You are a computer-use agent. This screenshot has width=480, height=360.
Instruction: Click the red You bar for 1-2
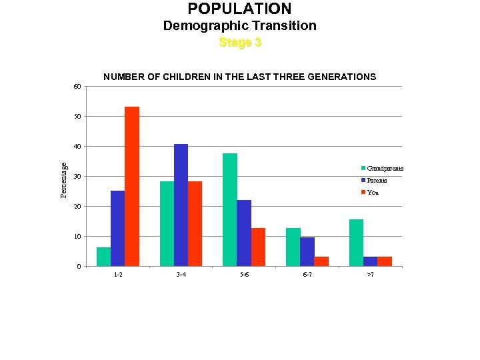point(132,187)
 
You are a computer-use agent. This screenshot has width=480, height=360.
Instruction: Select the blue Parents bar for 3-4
point(181,205)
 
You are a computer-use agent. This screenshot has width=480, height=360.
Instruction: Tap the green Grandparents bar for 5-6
point(230,210)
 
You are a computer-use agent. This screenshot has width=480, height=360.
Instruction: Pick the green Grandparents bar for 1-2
point(103,257)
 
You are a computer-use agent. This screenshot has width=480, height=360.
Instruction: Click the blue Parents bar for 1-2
point(117,229)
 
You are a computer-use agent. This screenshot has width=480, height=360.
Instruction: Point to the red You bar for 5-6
point(258,247)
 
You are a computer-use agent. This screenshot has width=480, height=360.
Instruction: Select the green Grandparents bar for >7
point(356,243)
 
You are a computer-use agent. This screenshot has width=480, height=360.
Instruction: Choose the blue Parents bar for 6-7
point(307,252)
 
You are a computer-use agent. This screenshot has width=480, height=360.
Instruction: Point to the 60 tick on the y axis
point(77,87)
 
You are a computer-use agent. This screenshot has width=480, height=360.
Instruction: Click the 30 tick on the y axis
point(77,177)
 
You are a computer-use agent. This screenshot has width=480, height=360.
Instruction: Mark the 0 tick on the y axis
point(79,267)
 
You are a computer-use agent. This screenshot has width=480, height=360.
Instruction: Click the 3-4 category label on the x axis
point(181,275)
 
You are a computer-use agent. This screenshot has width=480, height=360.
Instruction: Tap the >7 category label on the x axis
point(370,275)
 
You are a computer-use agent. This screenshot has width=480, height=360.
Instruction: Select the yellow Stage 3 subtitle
point(240,43)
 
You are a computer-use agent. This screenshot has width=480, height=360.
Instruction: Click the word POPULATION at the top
point(239,9)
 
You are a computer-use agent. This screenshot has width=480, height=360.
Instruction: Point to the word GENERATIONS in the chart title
point(341,77)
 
